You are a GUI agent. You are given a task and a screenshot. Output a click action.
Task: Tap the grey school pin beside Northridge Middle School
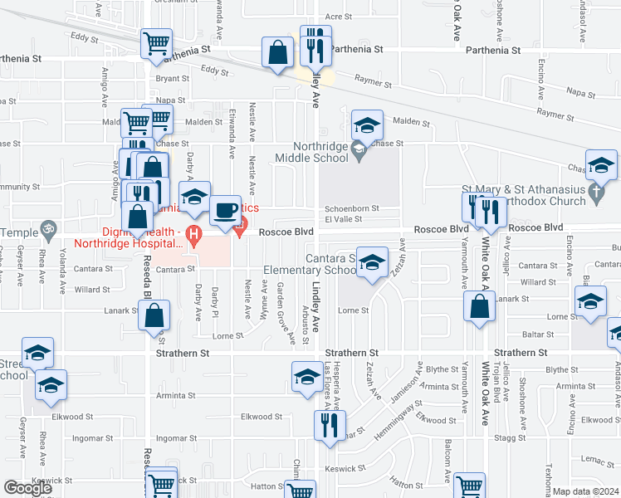coord(359,150)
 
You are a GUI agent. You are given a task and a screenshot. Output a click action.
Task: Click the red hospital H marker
coord(194,234)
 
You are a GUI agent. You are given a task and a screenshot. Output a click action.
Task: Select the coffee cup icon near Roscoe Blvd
coord(225,211)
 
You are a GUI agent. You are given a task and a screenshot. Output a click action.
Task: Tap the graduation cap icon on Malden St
coord(366,125)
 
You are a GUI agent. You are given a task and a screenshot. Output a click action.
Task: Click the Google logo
coord(27,488)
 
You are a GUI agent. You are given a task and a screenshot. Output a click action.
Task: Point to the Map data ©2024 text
coord(586,491)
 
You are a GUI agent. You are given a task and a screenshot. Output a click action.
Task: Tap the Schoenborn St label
coord(351,208)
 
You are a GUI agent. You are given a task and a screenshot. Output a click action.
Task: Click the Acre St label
coord(335,16)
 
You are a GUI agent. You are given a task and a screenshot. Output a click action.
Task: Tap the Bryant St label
coord(173,79)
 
